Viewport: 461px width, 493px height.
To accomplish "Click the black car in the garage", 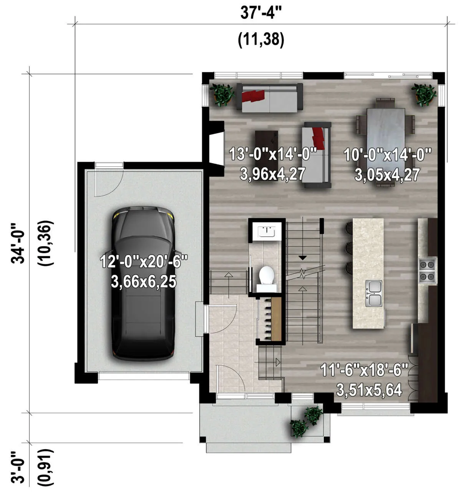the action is [143, 284].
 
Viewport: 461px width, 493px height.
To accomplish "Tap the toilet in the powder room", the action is [266, 278].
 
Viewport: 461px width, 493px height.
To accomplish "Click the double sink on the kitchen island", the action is [373, 293].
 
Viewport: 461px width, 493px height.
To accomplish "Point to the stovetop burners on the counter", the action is [428, 271].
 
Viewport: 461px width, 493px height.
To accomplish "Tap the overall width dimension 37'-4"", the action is [261, 13].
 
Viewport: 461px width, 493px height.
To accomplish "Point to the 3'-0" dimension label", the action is [18, 467].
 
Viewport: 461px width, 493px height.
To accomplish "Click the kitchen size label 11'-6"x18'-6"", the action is [364, 370].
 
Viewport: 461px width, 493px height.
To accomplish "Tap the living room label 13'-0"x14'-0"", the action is [273, 154].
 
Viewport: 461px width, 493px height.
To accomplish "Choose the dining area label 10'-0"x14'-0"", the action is [387, 155].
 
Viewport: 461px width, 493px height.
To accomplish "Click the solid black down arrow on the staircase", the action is [302, 258].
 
